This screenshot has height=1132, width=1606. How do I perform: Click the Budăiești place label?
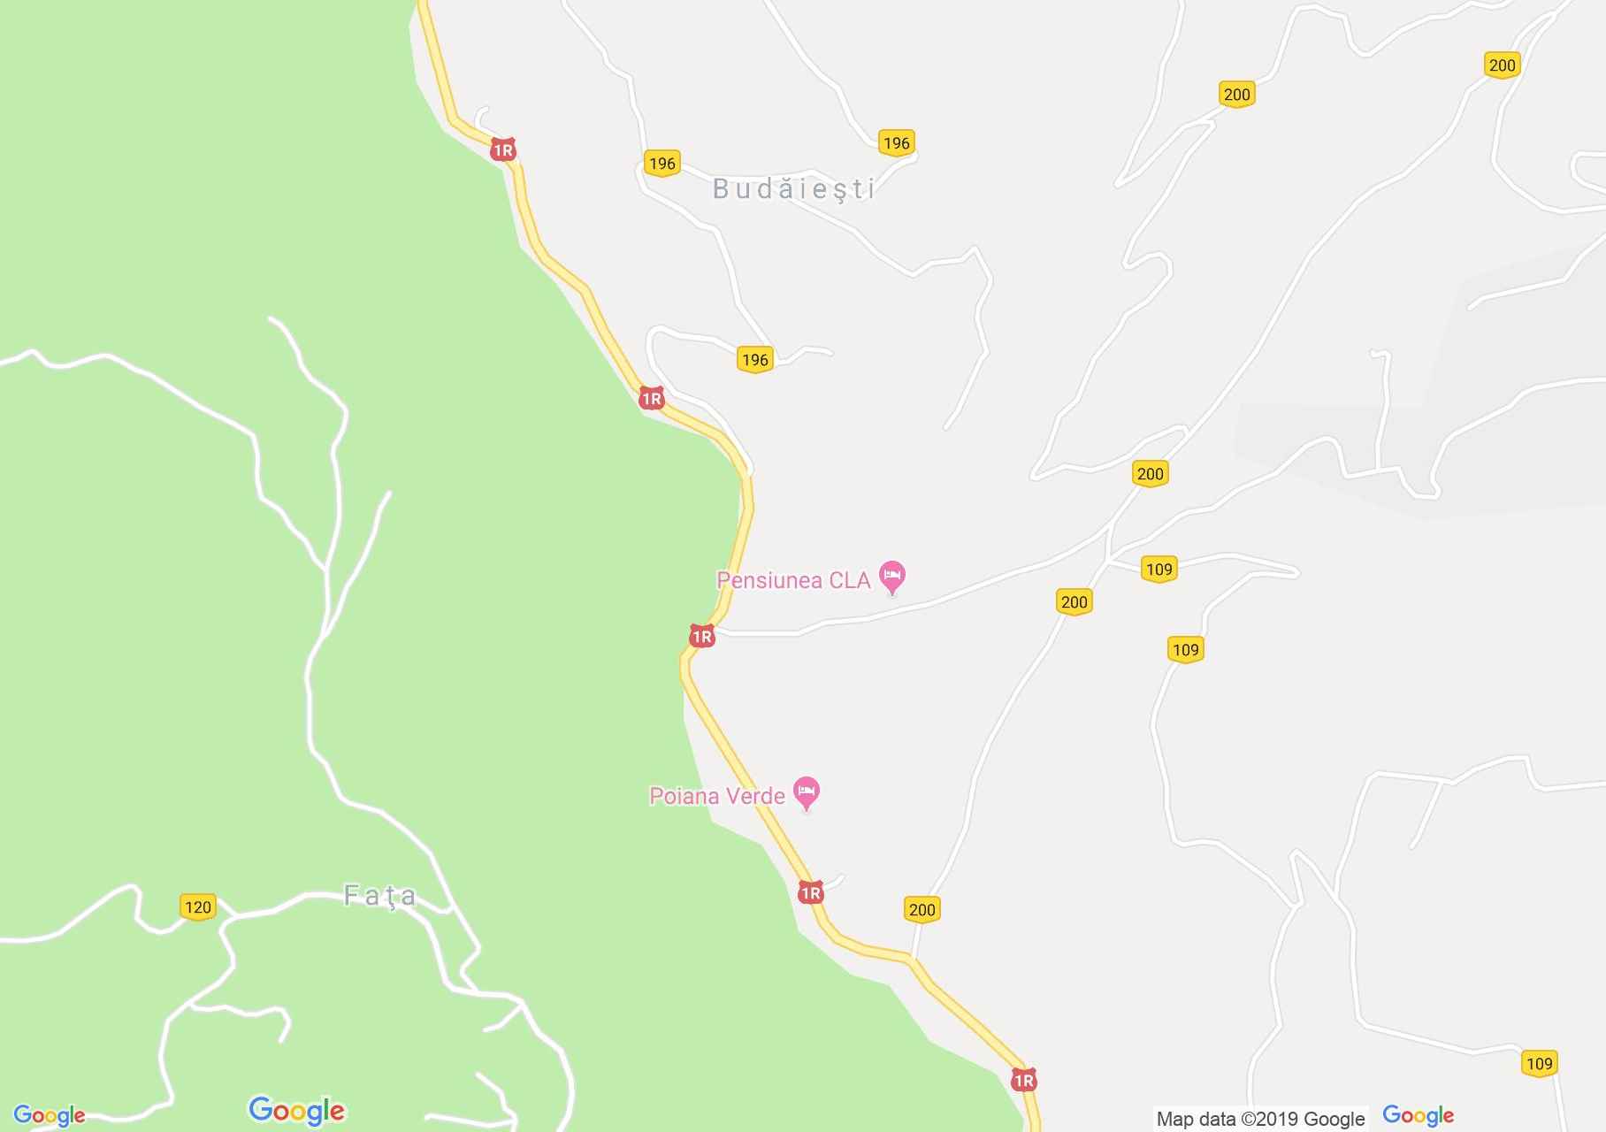tap(793, 189)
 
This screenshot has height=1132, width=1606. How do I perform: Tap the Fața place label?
tap(379, 897)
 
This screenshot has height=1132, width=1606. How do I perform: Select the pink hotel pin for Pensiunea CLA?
tap(892, 577)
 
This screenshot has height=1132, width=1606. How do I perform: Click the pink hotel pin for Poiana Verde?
tap(807, 792)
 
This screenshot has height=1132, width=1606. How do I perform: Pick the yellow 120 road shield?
tap(197, 906)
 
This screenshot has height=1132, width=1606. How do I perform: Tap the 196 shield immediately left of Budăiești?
tap(662, 163)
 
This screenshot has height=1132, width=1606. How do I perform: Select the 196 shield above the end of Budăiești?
tap(896, 142)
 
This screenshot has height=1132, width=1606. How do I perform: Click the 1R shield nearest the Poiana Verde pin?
tap(810, 892)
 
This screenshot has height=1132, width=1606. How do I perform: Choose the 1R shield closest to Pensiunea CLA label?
tap(701, 636)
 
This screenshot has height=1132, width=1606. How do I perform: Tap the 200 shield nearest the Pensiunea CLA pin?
tap(1074, 602)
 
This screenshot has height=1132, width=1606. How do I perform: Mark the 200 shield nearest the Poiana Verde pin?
tap(922, 909)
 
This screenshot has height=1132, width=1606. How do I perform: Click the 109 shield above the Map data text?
tap(1539, 1063)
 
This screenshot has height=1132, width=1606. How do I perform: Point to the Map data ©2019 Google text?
tap(1260, 1119)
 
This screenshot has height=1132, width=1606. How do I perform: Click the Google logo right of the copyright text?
tap(1418, 1116)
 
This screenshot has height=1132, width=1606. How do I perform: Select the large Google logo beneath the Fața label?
tap(297, 1110)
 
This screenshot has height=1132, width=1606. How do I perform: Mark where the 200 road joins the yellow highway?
tap(912, 959)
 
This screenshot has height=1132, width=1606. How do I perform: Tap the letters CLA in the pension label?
tap(850, 580)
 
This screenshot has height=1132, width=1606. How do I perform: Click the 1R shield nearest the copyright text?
tap(1023, 1080)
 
